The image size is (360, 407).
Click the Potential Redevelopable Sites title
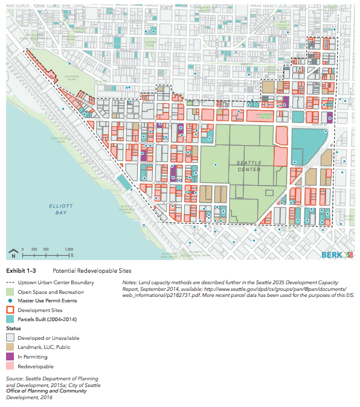click(92, 270)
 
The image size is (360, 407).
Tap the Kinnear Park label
click(86, 79)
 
